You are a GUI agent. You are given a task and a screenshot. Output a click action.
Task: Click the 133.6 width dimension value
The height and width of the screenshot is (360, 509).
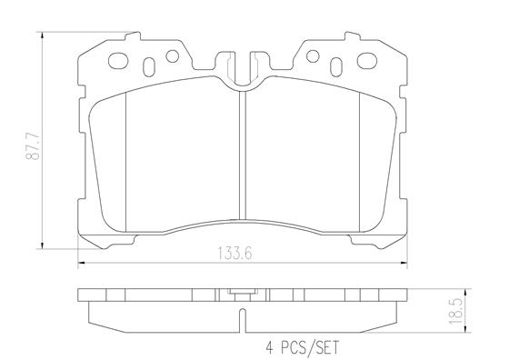click(235, 254)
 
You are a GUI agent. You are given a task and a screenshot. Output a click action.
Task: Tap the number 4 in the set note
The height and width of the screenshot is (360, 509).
click(269, 347)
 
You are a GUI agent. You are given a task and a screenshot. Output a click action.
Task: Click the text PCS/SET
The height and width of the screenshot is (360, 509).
click(310, 347)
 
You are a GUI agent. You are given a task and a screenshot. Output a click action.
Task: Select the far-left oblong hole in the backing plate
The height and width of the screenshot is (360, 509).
click(118, 61)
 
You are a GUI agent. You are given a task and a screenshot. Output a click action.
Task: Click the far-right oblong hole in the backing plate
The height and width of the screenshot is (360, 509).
click(367, 60)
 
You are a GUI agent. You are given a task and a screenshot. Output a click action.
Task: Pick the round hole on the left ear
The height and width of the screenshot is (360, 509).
click(173, 56)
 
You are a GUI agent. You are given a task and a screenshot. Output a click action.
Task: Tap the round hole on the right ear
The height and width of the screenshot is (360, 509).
click(313, 56)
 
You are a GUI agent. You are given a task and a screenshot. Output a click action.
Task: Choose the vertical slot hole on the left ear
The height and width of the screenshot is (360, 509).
click(149, 67)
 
